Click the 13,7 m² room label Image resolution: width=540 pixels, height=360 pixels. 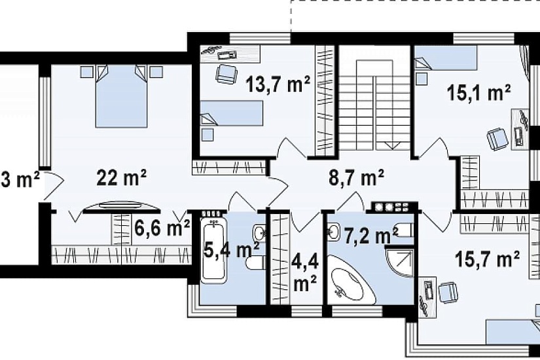pos(278,84)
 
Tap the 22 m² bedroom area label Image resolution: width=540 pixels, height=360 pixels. pos(122,177)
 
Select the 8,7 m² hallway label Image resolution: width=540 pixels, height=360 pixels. pos(357,178)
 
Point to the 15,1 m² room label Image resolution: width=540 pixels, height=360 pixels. pos(478,92)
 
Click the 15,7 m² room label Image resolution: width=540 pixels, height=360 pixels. pos(487,259)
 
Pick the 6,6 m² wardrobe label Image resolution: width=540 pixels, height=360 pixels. pos(162,228)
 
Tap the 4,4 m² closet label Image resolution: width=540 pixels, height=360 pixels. pos(305,273)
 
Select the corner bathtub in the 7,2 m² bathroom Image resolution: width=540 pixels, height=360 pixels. pos(351,278)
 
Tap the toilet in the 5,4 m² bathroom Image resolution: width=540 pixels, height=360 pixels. pos(255,262)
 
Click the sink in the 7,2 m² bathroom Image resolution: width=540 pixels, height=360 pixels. pos(333,232)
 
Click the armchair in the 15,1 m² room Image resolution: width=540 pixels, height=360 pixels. pos(497,139)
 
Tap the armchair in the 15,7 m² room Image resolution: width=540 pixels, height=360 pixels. pos(448,293)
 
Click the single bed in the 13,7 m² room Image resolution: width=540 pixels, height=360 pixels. pos(232,113)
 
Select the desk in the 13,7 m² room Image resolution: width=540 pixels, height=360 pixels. pos(230,54)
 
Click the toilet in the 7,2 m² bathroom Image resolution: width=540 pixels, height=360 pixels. pos(404,230)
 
